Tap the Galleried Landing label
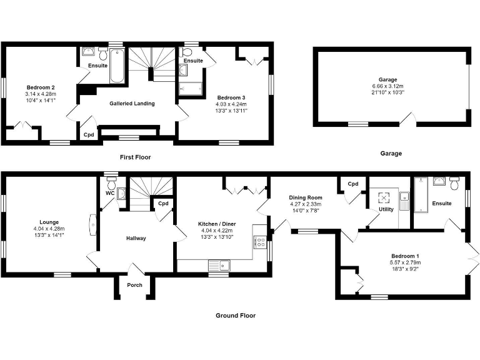pyautogui.click(x=132, y=103)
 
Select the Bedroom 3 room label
pyautogui.click(x=231, y=97)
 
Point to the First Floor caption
pyautogui.click(x=135, y=157)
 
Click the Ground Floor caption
pyautogui.click(x=236, y=316)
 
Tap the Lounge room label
pyautogui.click(x=48, y=222)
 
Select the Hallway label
pyautogui.click(x=136, y=238)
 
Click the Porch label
pyautogui.click(x=134, y=285)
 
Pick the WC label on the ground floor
pyautogui.click(x=109, y=194)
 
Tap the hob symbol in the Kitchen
pyautogui.click(x=260, y=241)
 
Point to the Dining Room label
pyautogui.click(x=306, y=197)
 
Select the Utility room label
pyautogui.click(x=386, y=209)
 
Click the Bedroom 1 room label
pyautogui.click(x=406, y=256)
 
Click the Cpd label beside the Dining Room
pyautogui.click(x=353, y=184)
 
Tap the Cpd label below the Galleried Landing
pyautogui.click(x=89, y=134)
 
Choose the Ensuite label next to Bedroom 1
pyautogui.click(x=442, y=203)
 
